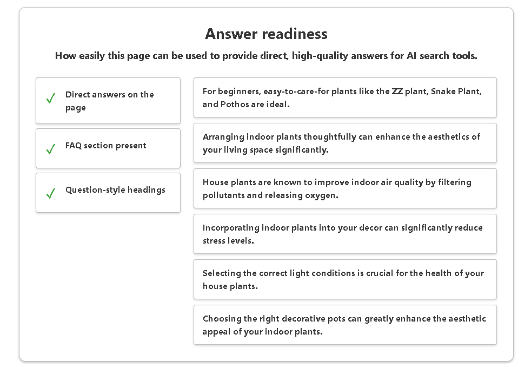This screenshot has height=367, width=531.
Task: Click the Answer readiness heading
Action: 266,34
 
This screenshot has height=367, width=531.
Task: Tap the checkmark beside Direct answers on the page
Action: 51,99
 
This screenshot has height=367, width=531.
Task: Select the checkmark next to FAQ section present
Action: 51,149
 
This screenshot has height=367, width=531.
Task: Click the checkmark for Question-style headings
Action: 51,193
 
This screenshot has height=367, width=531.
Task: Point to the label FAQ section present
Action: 105,146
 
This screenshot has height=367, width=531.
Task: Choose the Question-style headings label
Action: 115,190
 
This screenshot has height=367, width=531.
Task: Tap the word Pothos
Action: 235,104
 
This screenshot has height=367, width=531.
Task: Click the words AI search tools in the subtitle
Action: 442,56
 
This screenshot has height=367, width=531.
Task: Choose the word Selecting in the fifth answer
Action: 222,273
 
